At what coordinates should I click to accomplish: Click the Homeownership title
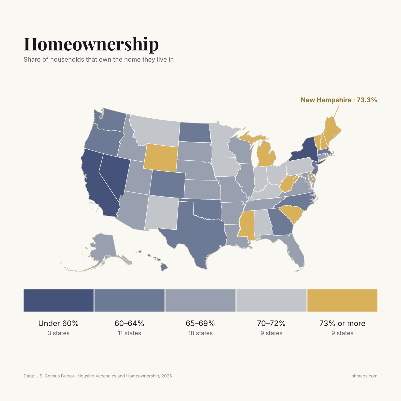pyautogui.click(x=91, y=44)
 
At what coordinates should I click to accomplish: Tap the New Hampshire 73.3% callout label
pyautogui.click(x=339, y=100)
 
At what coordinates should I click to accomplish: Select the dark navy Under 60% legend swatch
pyautogui.click(x=59, y=300)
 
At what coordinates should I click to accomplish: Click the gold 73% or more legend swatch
pyautogui.click(x=342, y=300)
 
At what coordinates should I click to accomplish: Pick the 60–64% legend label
pyautogui.click(x=129, y=323)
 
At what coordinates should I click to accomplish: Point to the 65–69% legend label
pyautogui.click(x=200, y=323)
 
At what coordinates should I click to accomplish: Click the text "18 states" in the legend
pyautogui.click(x=200, y=333)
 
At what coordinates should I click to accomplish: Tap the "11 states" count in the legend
pyautogui.click(x=129, y=333)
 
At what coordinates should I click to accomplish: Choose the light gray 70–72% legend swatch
pyautogui.click(x=271, y=300)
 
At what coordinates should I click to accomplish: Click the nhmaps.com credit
pyautogui.click(x=364, y=376)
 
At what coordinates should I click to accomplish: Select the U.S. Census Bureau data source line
pyautogui.click(x=98, y=376)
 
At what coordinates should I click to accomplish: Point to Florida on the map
pyautogui.click(x=295, y=252)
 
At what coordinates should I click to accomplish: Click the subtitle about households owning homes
pyautogui.click(x=99, y=60)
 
